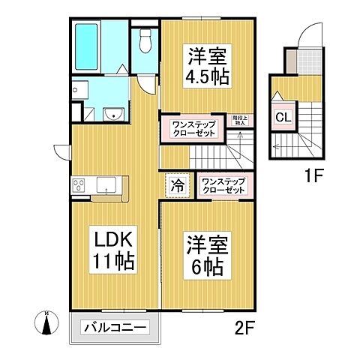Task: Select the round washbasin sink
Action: (x=113, y=113)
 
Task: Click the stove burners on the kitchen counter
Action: (x=79, y=186)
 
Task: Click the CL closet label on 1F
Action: (x=283, y=117)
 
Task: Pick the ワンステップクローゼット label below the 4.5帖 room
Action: (x=193, y=128)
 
